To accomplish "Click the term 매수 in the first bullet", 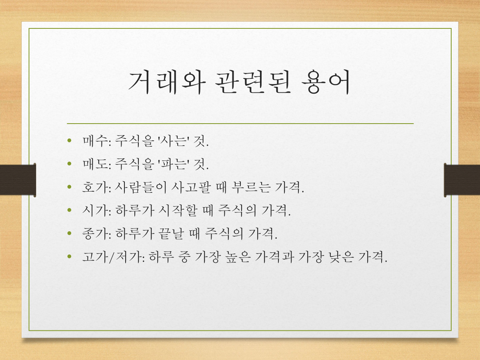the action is click(x=95, y=140).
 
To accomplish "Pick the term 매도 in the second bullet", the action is click(x=95, y=164).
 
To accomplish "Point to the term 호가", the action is click(x=95, y=187).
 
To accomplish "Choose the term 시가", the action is click(x=95, y=210).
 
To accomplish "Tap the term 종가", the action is click(x=95, y=234).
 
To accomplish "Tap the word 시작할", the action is click(x=178, y=210).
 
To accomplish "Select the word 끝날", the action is click(x=171, y=234).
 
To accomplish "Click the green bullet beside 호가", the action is click(x=70, y=187).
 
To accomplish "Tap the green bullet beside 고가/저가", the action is click(x=70, y=256).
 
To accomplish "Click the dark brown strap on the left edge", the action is click(x=18, y=180).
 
